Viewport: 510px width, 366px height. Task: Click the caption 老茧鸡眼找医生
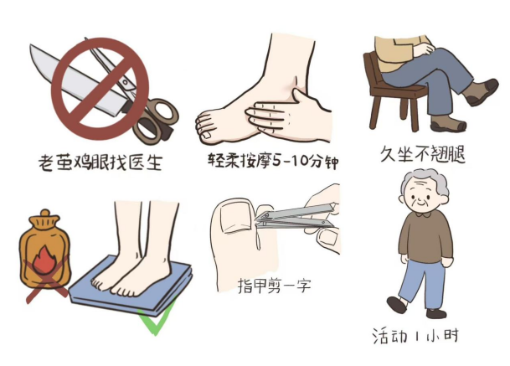coord(100,162)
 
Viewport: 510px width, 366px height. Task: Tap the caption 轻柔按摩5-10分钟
coord(273,161)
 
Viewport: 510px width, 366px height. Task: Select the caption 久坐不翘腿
coord(423,154)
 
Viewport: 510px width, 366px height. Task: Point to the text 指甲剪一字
coord(274,286)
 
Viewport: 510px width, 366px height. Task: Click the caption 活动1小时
coord(415,336)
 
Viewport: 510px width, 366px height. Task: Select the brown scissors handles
coord(157,120)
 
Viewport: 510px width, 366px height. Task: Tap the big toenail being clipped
coord(234,217)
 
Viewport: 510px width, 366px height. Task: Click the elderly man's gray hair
coord(427,183)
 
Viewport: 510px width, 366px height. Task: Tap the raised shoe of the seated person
coord(481,93)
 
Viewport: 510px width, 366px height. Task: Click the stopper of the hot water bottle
coord(45,215)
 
